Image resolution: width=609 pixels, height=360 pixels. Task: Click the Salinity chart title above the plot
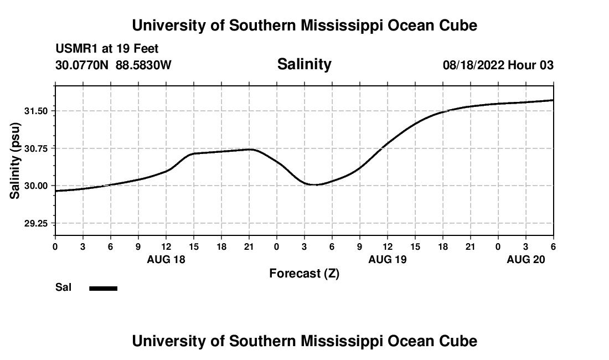coord(304,64)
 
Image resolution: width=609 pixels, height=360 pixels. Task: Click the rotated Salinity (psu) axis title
coord(16,161)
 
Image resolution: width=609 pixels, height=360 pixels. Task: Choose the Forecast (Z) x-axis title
coord(304,274)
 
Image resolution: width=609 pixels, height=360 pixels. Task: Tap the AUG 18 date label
coord(166,259)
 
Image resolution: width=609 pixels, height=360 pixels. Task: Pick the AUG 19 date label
coord(388,259)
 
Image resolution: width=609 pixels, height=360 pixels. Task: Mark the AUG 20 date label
coord(526,259)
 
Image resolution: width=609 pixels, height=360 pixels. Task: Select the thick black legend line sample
coord(104,288)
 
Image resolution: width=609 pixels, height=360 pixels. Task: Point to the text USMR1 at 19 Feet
coord(107,49)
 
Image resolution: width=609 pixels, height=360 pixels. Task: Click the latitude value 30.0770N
coord(82,65)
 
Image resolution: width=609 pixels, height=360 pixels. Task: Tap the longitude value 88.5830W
coord(143,65)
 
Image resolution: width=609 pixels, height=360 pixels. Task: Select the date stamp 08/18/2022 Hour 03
coord(498,65)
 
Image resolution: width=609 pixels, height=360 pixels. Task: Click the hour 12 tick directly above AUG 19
coord(388,246)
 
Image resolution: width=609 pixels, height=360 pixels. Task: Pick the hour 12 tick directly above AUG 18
coord(166,246)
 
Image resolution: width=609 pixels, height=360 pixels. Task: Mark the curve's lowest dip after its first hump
coord(315,184)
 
